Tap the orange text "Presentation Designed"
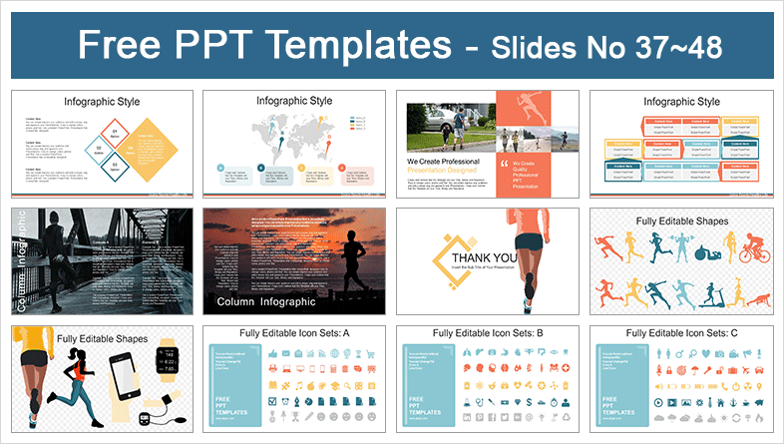pos(446,169)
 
